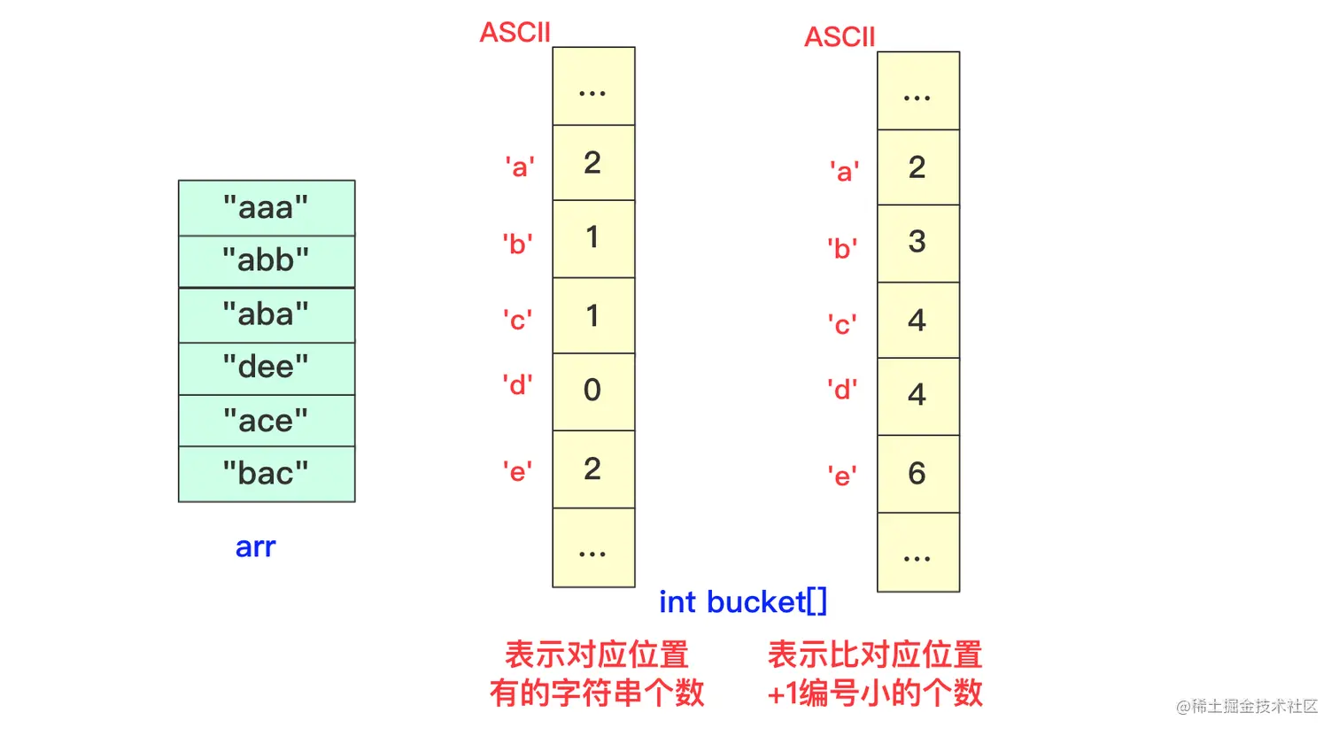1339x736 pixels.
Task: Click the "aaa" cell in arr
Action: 266,208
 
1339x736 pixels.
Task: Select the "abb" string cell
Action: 266,261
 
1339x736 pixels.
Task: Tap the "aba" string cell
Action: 266,315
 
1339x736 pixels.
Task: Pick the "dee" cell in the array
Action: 266,368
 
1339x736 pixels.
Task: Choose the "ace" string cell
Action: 266,421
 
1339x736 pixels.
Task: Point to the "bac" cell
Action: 266,474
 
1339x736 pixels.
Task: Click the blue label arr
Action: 255,547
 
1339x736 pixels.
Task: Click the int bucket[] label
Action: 742,602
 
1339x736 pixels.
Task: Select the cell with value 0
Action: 593,391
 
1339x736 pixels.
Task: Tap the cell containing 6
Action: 917,474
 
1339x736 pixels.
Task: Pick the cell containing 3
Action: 917,243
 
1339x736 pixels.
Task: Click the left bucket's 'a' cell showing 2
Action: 593,163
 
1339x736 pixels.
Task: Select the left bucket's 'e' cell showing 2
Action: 593,469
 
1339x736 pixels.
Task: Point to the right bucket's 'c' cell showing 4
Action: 917,320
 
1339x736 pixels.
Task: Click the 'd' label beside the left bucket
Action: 517,385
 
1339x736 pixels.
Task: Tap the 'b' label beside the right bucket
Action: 842,249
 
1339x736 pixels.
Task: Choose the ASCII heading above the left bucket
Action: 515,33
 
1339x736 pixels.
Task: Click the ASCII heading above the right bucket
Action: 840,37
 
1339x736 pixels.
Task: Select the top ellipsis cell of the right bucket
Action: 917,91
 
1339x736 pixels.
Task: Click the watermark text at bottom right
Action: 1246,706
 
